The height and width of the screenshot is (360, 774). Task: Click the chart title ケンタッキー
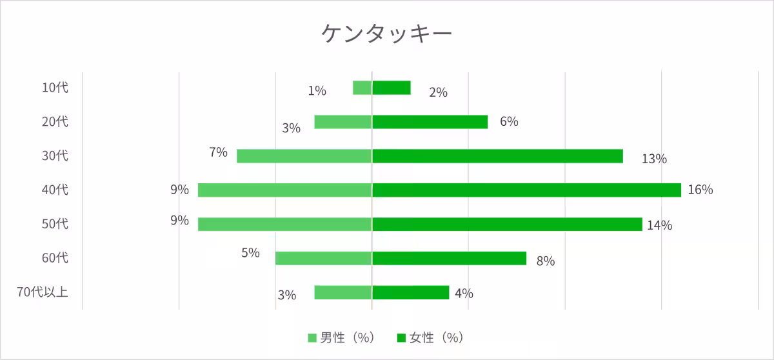point(386,34)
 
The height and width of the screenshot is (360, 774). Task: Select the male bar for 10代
point(362,88)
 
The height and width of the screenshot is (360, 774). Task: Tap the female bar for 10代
point(392,88)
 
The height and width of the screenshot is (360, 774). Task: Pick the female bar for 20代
point(430,122)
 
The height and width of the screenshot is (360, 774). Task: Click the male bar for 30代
point(304,156)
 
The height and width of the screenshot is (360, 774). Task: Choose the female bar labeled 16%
point(526,190)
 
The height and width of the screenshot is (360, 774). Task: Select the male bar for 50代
point(285,225)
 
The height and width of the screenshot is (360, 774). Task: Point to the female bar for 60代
point(449,259)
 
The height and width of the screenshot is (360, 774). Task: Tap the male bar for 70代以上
point(343,292)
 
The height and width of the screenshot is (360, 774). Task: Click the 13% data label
point(653,159)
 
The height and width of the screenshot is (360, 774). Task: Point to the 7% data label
point(218,153)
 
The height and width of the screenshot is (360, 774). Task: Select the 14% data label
point(660,225)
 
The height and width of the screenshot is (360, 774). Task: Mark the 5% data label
point(250,253)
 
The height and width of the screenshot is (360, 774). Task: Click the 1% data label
point(317,91)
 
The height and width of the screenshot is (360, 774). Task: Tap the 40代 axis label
point(55,190)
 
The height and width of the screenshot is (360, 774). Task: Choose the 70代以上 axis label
point(42,292)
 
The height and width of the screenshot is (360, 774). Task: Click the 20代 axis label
point(55,122)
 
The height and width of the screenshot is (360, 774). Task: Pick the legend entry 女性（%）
point(430,337)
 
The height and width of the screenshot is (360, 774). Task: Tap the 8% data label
point(545,261)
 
